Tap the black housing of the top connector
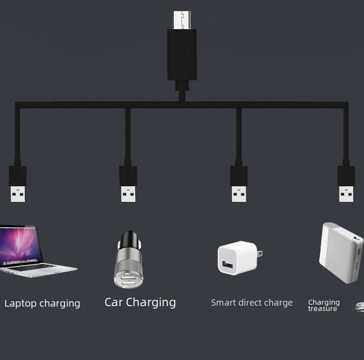pyautogui.click(x=182, y=54)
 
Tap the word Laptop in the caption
pyautogui.click(x=20, y=304)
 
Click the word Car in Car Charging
pyautogui.click(x=114, y=302)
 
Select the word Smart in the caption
pyautogui.click(x=223, y=303)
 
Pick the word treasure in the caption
pyautogui.click(x=322, y=309)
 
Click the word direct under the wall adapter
pyautogui.click(x=250, y=303)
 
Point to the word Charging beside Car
pyautogui.click(x=150, y=303)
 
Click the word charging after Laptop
pyautogui.click(x=60, y=304)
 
